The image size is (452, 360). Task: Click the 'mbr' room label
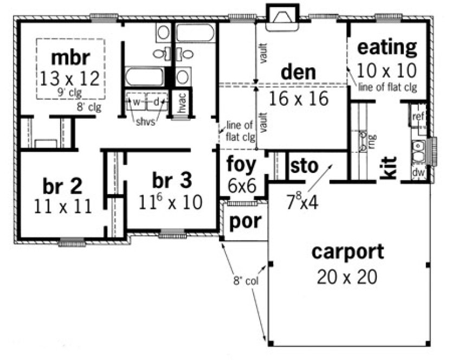tap(70, 57)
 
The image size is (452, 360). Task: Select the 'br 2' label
tap(63, 186)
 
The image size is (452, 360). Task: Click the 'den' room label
tap(299, 72)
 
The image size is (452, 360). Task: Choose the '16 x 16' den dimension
tap(301, 99)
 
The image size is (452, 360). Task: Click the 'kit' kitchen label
tap(389, 168)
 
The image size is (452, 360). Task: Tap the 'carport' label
tap(347, 252)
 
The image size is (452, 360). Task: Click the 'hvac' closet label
tap(183, 101)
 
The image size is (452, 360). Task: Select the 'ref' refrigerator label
tap(418, 117)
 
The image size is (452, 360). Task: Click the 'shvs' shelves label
tap(146, 122)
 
